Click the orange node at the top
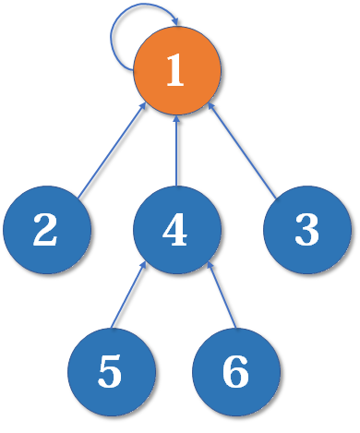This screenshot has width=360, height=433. pyautogui.click(x=176, y=72)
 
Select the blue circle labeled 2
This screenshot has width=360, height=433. pyautogui.click(x=46, y=230)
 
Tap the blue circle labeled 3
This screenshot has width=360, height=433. pyautogui.click(x=306, y=230)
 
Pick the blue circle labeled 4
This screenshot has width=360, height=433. pyautogui.click(x=176, y=230)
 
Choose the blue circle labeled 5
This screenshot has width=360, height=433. pyautogui.click(x=111, y=371)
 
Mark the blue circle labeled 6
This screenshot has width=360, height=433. pyautogui.click(x=236, y=371)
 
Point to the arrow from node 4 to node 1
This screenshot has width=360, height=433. pyautogui.click(x=176, y=151)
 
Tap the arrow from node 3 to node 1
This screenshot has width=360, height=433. pyautogui.click(x=242, y=151)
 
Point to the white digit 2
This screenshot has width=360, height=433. pyautogui.click(x=45, y=230)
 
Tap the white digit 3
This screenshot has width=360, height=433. pyautogui.click(x=306, y=230)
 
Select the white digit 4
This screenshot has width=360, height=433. pyautogui.click(x=175, y=230)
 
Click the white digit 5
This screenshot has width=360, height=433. pyautogui.click(x=110, y=371)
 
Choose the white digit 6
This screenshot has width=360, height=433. pyautogui.click(x=236, y=371)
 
